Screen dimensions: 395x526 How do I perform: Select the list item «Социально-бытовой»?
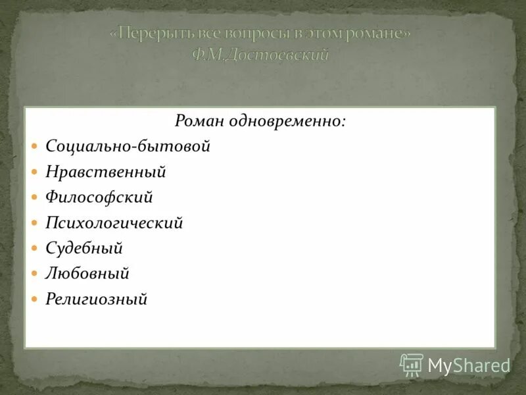click(x=128, y=146)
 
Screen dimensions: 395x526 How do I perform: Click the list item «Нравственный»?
click(x=106, y=172)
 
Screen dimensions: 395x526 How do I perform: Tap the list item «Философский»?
click(x=99, y=197)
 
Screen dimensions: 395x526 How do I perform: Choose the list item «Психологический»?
click(x=114, y=223)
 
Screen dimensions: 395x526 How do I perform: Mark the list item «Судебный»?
click(x=84, y=248)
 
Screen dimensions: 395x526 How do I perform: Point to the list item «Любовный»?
click(x=87, y=273)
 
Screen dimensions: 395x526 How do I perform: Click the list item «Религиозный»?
click(x=97, y=299)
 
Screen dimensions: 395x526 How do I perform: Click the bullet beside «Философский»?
click(x=36, y=197)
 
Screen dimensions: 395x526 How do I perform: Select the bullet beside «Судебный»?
click(x=36, y=249)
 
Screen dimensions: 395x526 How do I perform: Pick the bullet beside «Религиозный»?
click(x=36, y=300)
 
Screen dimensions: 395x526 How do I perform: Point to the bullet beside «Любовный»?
click(x=36, y=274)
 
